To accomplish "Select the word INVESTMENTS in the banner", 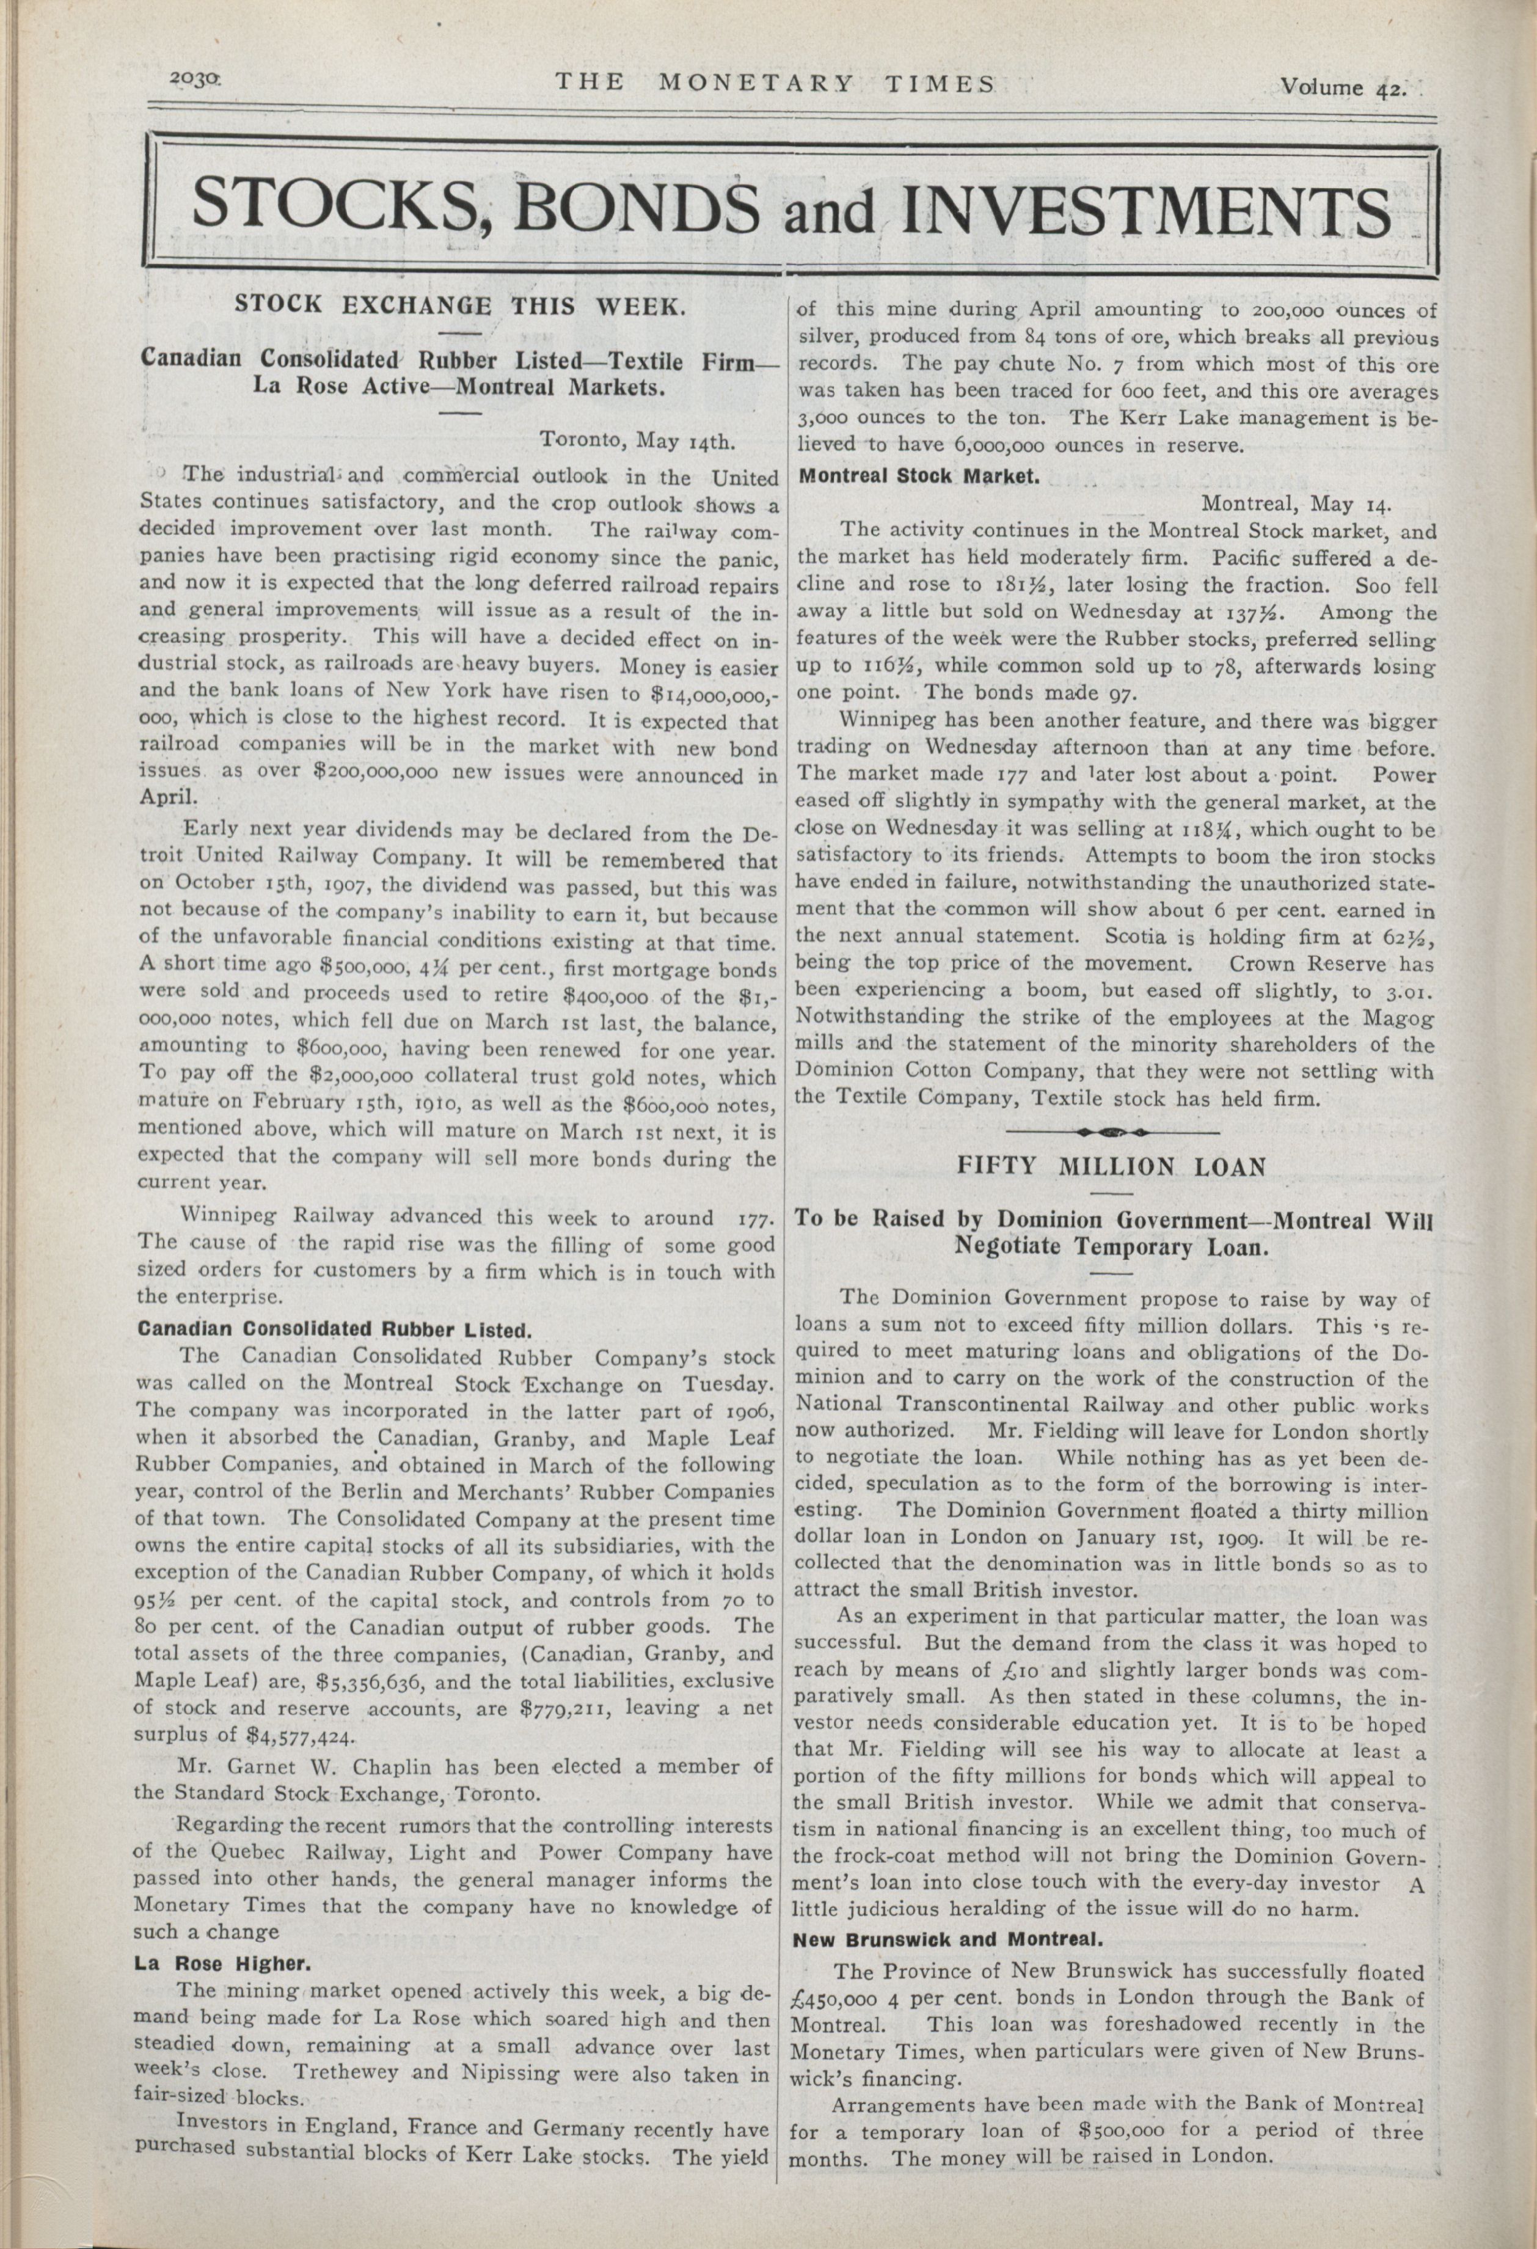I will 1146,211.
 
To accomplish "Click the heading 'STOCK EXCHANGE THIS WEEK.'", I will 461,307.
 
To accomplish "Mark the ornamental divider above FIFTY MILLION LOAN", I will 1113,1130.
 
